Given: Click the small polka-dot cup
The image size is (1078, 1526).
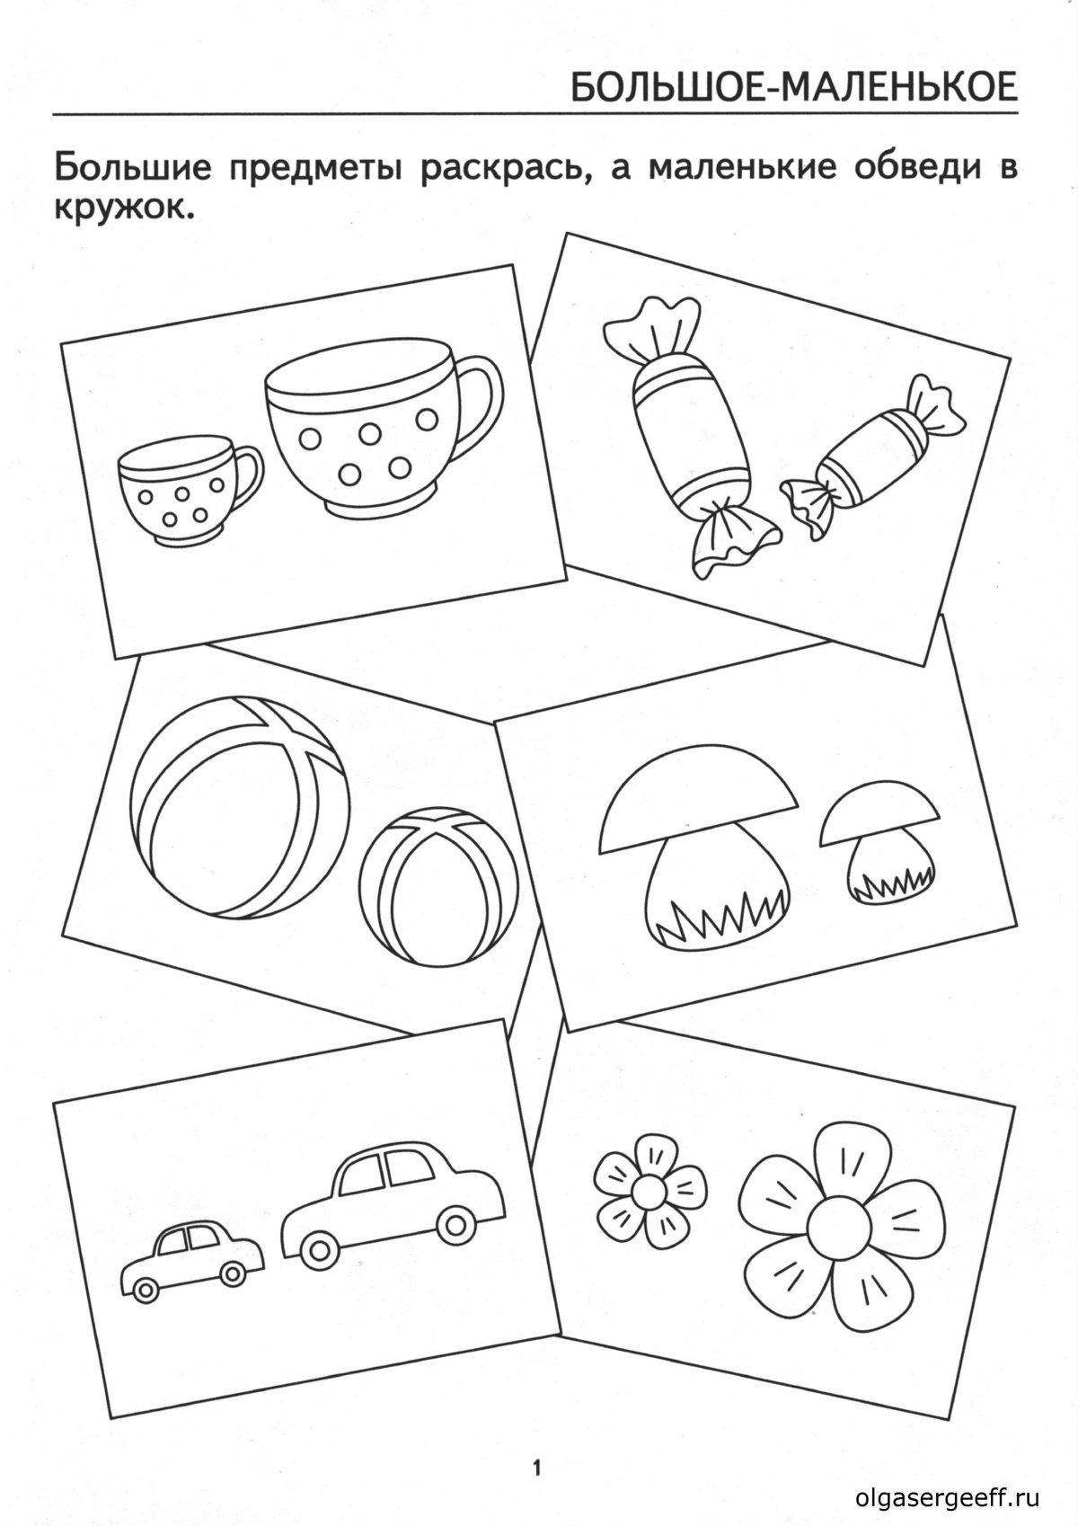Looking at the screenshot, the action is [184, 490].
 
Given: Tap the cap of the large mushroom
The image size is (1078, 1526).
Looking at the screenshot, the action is [699, 803].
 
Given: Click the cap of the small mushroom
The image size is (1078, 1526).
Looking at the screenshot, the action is [879, 817].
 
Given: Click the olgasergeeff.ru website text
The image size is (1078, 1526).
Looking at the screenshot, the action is [948, 1498].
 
